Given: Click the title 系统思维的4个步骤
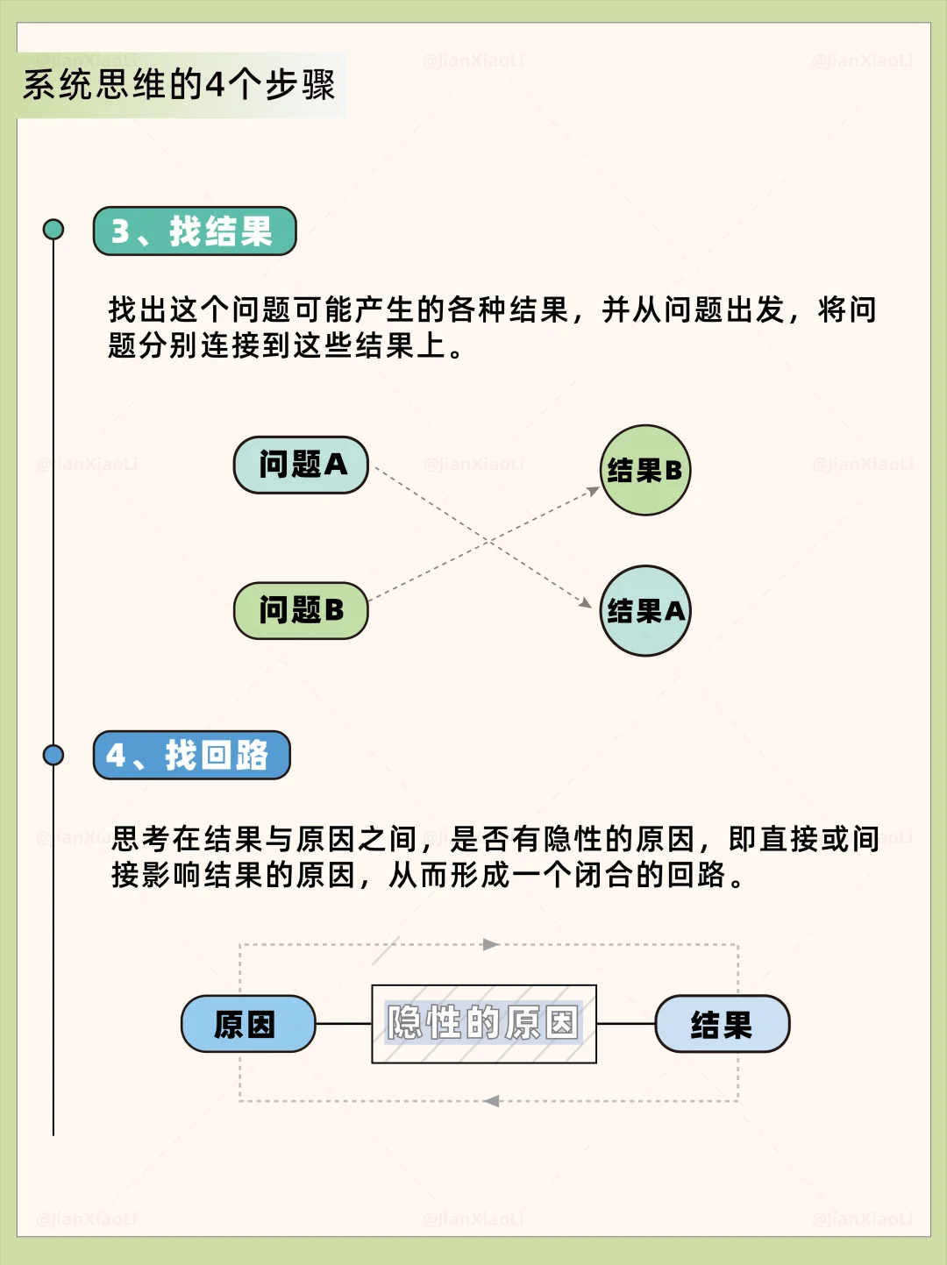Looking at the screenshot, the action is coord(179,85).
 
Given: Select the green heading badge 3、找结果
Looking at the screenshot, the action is coord(195,231).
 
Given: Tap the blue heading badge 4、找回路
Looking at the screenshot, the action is coord(191,755).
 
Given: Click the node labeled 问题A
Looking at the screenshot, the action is coord(301,465).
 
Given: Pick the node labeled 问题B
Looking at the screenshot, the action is coord(301,610).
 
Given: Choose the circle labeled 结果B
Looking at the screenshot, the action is coord(645,470).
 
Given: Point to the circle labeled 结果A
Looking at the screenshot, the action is coord(645,610).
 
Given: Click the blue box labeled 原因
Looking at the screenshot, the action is coord(248,1023).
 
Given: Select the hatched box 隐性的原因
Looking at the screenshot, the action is coord(484,1023).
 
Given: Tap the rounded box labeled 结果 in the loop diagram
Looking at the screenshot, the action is coord(723,1023).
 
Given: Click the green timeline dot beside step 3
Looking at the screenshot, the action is coord(53,230).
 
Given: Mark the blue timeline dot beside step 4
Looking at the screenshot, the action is coord(53,755).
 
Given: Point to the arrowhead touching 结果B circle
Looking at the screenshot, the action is coord(594,491).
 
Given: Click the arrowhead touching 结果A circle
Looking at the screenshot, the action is coord(586,603).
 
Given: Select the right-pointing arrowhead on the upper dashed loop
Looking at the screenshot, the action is coord(491,944).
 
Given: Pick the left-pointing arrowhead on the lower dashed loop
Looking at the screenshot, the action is coord(491,1101).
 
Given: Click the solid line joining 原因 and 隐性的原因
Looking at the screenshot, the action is coord(344,1023).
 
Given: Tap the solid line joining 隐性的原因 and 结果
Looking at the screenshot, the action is coord(626,1023).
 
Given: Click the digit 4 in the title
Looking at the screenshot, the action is coord(216,85).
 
